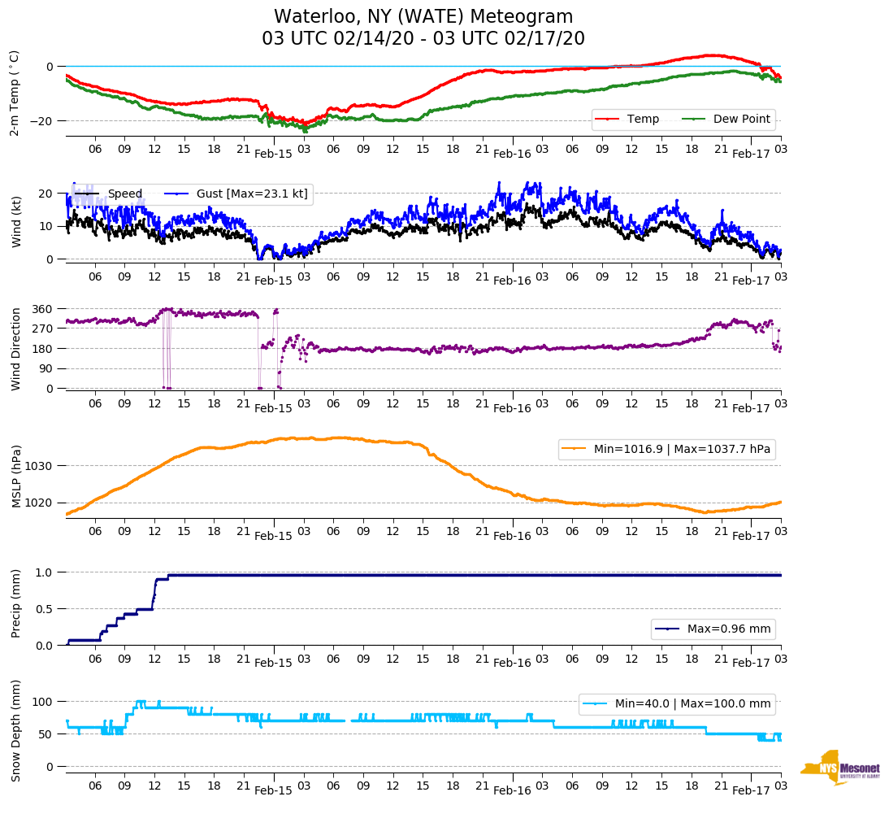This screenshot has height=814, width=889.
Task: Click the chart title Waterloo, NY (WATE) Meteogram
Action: click(423, 17)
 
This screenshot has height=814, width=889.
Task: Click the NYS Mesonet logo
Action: click(840, 768)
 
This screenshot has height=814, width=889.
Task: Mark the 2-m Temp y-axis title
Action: click(15, 93)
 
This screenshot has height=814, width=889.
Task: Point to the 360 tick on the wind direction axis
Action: click(43, 309)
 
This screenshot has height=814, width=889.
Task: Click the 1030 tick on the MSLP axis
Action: click(40, 466)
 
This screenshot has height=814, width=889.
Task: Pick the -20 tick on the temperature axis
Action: click(43, 121)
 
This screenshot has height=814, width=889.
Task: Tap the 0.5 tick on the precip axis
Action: click(46, 609)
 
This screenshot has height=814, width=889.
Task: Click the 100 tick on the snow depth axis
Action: click(43, 702)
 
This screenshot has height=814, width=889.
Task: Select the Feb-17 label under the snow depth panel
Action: click(751, 790)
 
